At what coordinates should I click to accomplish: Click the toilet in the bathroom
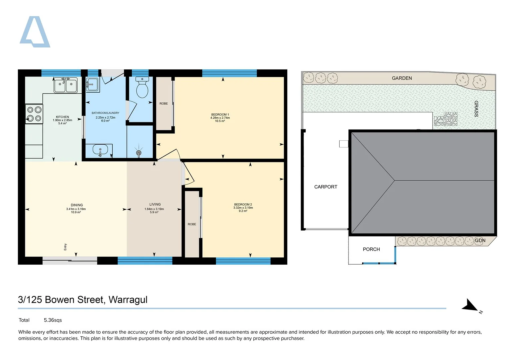click(142, 87)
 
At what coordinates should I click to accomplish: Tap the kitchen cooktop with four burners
click(34, 114)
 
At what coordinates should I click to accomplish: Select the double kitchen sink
click(66, 85)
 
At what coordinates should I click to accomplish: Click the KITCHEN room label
click(62, 117)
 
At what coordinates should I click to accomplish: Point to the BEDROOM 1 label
click(220, 115)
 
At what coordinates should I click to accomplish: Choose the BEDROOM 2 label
click(243, 204)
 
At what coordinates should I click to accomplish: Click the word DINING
click(77, 205)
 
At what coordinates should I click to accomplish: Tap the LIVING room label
click(155, 204)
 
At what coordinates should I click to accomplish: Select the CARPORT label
click(326, 187)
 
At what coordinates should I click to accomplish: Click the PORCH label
click(371, 249)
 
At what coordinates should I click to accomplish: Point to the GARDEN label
click(402, 78)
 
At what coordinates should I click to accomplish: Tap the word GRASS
click(476, 109)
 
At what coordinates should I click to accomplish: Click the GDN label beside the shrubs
click(480, 240)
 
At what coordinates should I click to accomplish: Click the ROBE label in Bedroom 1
click(164, 103)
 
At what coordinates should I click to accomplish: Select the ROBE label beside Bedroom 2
click(192, 224)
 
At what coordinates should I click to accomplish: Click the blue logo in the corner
click(35, 32)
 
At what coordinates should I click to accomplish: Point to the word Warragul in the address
click(128, 300)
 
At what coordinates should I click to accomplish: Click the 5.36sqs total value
click(53, 320)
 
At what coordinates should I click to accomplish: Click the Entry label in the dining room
click(65, 247)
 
